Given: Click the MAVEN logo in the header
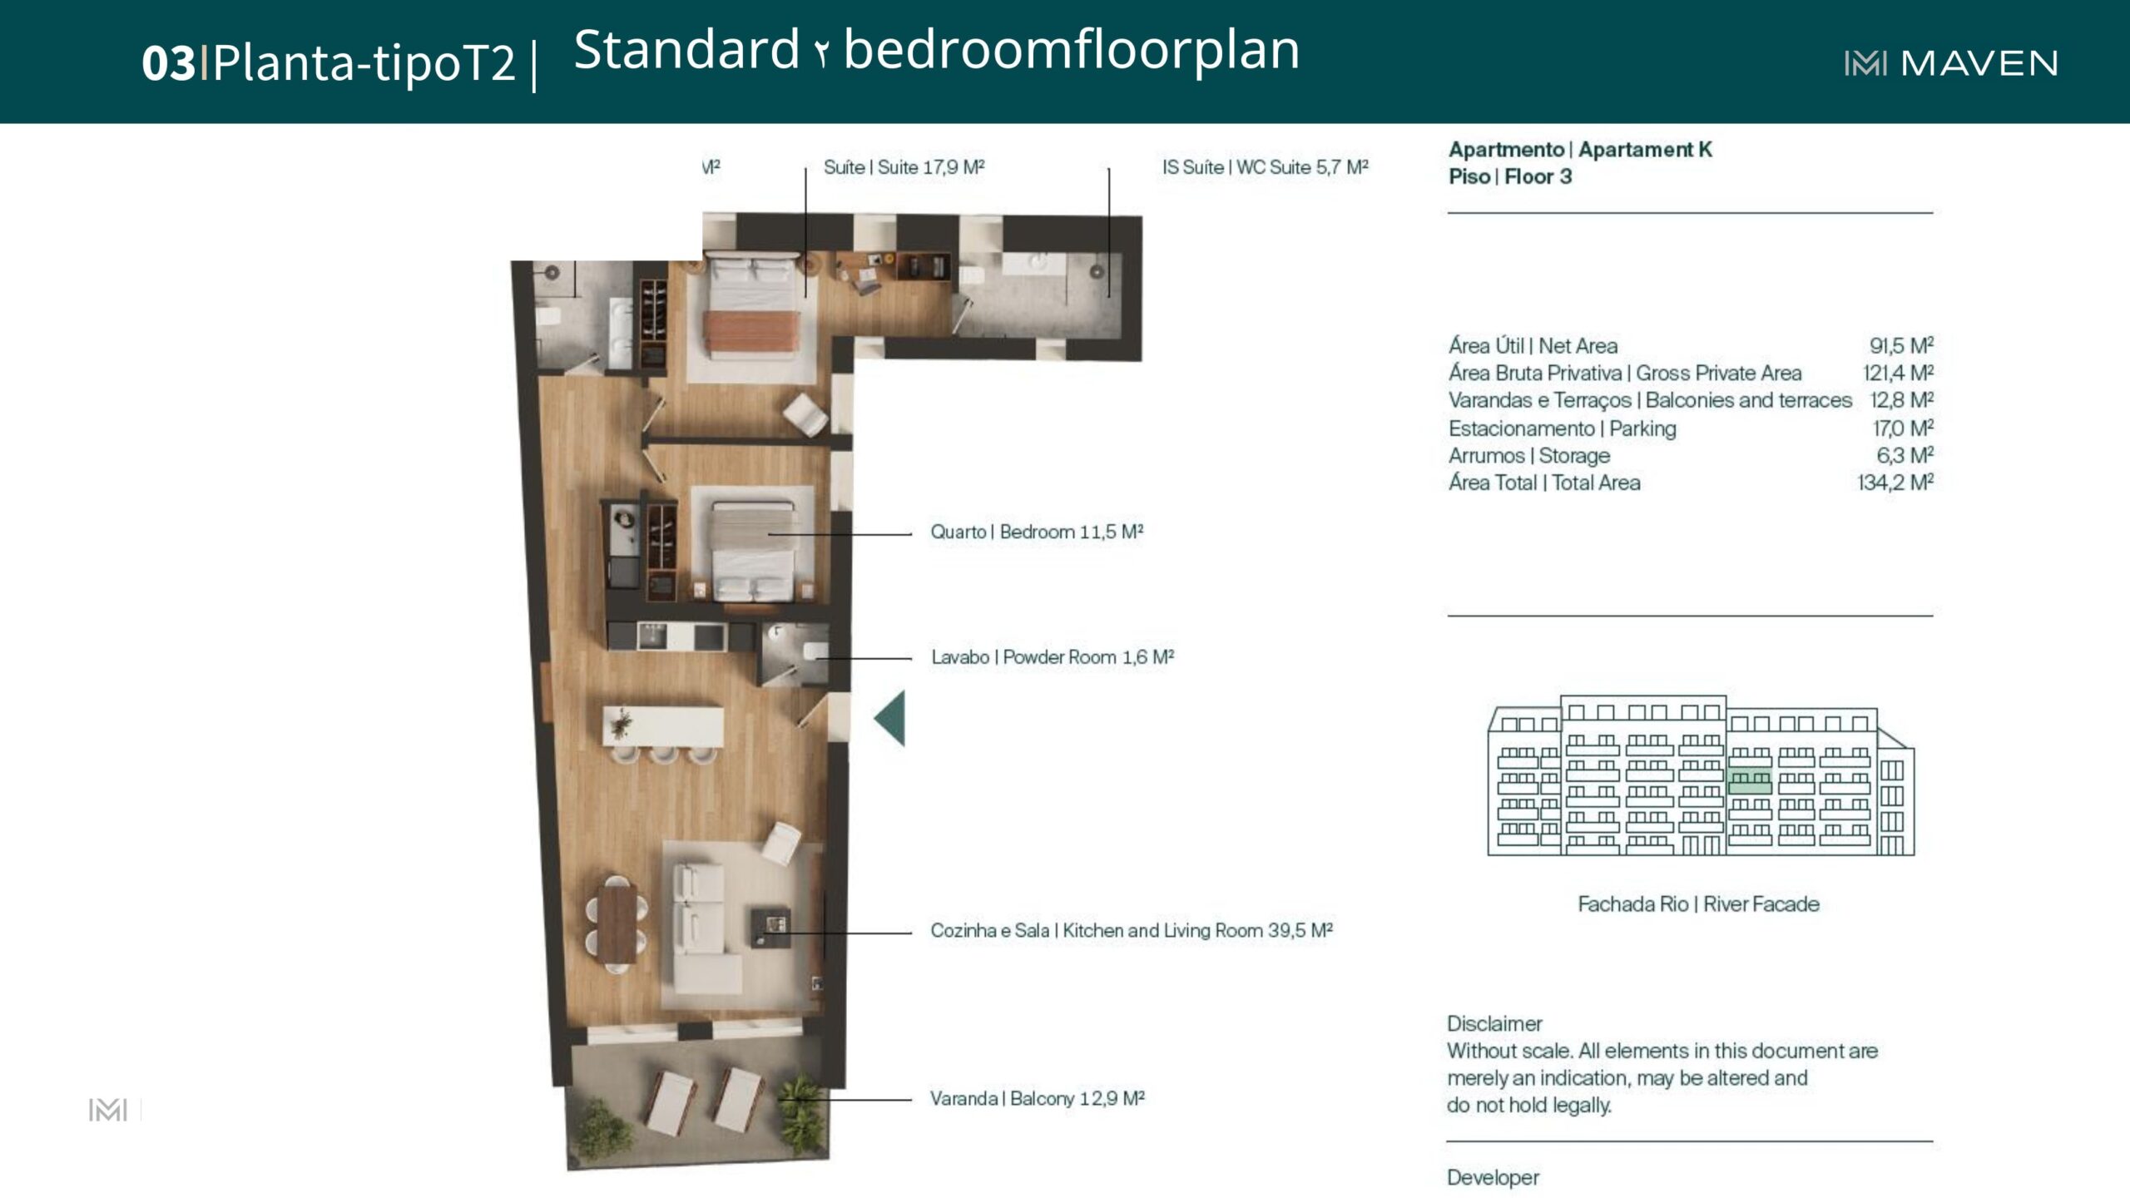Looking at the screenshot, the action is [x=1950, y=63].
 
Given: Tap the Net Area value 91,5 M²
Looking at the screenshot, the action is [x=1901, y=345].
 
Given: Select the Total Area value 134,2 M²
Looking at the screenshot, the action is [x=1895, y=483].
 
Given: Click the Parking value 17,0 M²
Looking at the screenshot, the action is [x=1903, y=428].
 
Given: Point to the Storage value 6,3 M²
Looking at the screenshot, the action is [x=1905, y=455].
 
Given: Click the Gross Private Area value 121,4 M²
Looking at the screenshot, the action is [x=1898, y=373].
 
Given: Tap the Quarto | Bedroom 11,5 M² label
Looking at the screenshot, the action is [x=1037, y=532].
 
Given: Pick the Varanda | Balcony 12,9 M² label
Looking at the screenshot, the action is [x=1038, y=1098].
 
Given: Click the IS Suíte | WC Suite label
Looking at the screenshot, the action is [x=1266, y=167].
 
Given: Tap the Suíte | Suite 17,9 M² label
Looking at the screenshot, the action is [x=904, y=167].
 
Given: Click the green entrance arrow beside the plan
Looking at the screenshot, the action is [x=889, y=718].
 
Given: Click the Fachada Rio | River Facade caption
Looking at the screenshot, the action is [x=1698, y=903].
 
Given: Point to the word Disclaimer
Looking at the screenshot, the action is [x=1494, y=1023].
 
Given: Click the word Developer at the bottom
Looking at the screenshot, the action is [x=1493, y=1177].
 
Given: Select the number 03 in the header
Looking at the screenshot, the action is [x=168, y=63].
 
